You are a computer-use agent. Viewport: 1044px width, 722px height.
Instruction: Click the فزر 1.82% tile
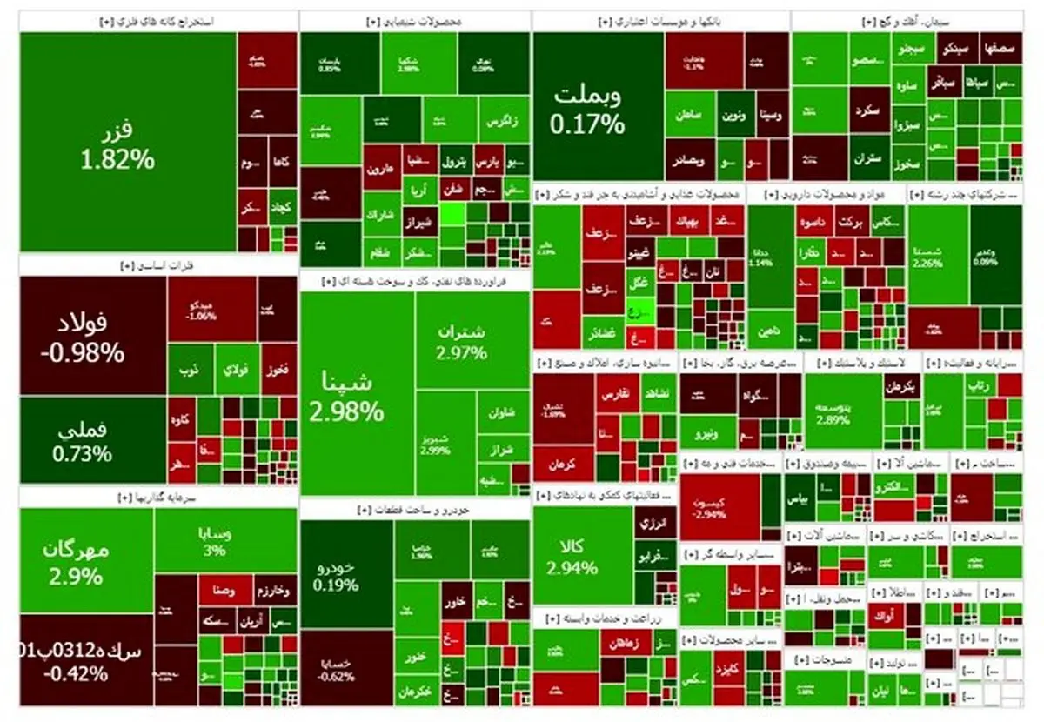(128, 144)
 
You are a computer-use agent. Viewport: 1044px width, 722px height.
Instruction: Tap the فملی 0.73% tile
(92, 440)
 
